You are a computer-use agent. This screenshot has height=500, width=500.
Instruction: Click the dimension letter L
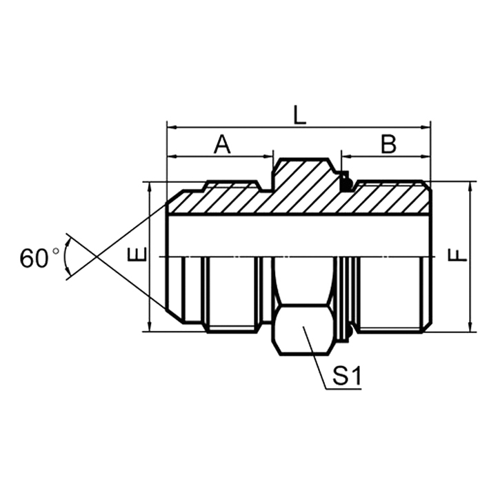coord(299,114)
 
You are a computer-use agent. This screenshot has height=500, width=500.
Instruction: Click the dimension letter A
coord(221,144)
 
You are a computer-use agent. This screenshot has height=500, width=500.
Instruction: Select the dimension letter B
coord(389,144)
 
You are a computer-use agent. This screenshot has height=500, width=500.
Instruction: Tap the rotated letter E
coord(139,255)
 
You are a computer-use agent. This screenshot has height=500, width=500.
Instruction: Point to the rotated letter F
coord(457,254)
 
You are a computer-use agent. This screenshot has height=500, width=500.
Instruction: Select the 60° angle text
coord(40,259)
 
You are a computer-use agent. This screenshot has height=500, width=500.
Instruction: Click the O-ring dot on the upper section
coord(348,183)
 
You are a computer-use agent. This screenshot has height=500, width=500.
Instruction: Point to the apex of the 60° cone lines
coord(96,257)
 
